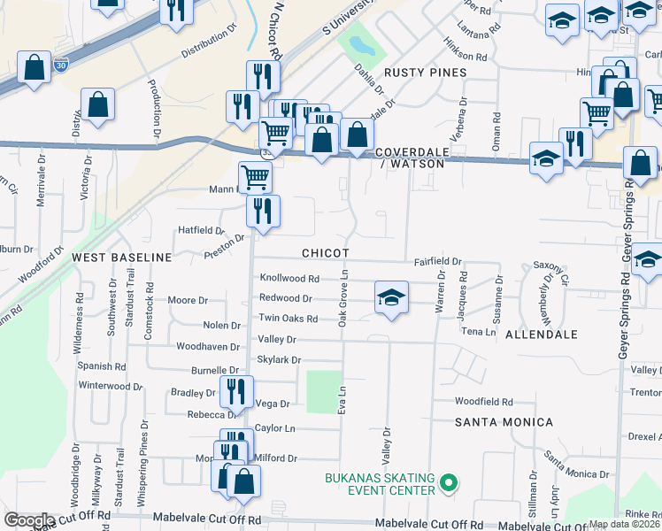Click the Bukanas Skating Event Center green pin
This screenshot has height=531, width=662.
tap(449, 482)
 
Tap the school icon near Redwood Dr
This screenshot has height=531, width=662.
tap(391, 297)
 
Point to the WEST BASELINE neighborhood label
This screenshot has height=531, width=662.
tap(121, 257)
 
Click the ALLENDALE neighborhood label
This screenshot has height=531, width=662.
tap(541, 335)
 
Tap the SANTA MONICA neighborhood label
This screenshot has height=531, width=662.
tap(504, 422)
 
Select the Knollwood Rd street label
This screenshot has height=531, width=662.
tap(289, 278)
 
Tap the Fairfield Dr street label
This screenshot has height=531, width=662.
tap(439, 262)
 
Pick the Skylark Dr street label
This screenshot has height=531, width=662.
tap(279, 360)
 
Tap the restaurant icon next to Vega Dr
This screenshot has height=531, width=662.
tap(236, 389)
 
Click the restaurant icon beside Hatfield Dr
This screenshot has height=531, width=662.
tap(263, 211)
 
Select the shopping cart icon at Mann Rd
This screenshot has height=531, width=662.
tap(255, 176)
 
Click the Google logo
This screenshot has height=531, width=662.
tap(29, 519)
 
